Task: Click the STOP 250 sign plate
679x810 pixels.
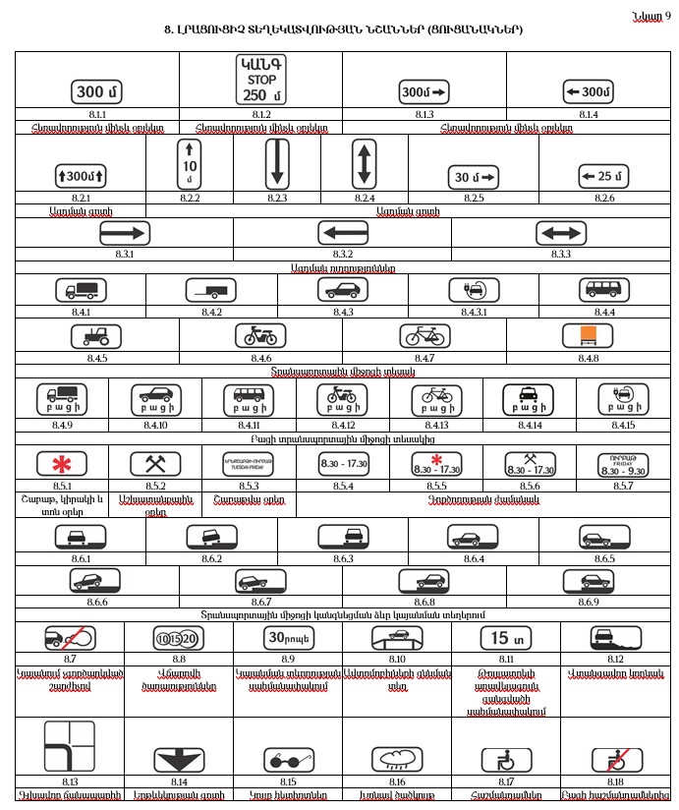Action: click(260, 80)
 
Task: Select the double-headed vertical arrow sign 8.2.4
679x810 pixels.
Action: click(365, 163)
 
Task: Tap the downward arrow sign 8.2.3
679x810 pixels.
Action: click(277, 163)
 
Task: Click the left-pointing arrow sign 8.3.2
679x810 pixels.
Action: click(342, 233)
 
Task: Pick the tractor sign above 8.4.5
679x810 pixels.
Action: click(96, 336)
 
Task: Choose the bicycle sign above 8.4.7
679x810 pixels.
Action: click(424, 336)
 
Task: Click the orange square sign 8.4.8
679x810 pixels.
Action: click(588, 336)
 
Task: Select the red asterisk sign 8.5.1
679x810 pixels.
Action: click(61, 464)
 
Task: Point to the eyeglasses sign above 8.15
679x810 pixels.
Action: click(288, 760)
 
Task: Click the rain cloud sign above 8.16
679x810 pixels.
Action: click(397, 760)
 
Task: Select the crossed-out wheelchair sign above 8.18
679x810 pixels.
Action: click(615, 760)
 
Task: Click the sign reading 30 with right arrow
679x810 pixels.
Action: click(475, 177)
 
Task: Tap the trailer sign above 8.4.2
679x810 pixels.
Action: click(211, 290)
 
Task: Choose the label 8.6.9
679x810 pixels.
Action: click(589, 601)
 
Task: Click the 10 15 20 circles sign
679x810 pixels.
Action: click(179, 638)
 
